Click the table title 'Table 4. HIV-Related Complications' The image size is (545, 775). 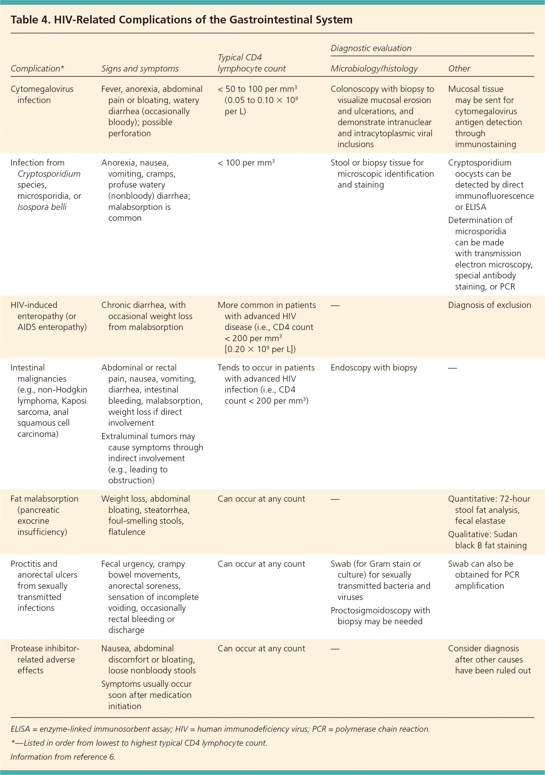point(181,20)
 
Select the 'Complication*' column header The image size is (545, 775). point(37,68)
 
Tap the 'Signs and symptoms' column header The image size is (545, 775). point(140,68)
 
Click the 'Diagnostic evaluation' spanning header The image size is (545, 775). point(371,48)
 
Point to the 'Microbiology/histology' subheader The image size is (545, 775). point(374,68)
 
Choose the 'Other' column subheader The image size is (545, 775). point(459,68)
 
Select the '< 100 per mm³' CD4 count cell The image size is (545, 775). point(246,163)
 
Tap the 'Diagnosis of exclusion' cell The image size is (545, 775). point(489,305)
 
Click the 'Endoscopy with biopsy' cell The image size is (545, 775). point(373,368)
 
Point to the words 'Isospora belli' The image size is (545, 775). point(42,207)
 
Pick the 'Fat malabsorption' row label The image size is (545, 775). point(44,499)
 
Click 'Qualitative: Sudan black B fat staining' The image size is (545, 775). point(487,540)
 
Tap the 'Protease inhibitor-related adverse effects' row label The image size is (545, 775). point(45,659)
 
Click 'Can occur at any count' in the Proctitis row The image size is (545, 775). point(261,564)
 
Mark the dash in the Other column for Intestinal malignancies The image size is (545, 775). point(452,368)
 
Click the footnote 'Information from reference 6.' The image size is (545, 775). point(63,757)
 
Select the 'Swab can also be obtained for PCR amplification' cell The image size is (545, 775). point(483,575)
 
